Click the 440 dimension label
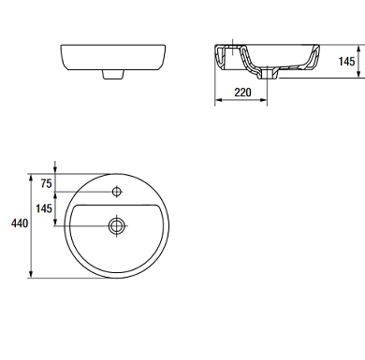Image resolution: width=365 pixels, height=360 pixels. point(20,223)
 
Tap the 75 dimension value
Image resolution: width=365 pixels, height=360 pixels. point(46,184)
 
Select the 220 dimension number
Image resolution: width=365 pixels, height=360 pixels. point(242,93)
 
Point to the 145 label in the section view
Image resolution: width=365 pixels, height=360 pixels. point(346,62)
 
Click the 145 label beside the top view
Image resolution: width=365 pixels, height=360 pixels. point(44,209)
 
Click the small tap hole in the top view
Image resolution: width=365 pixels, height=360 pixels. point(117,192)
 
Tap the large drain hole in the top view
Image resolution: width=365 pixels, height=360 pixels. point(117,225)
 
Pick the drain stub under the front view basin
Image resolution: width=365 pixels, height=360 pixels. point(113,74)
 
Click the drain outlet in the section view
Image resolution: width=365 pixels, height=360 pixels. point(268,74)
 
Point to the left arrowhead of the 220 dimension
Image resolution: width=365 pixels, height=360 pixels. point(218,100)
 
